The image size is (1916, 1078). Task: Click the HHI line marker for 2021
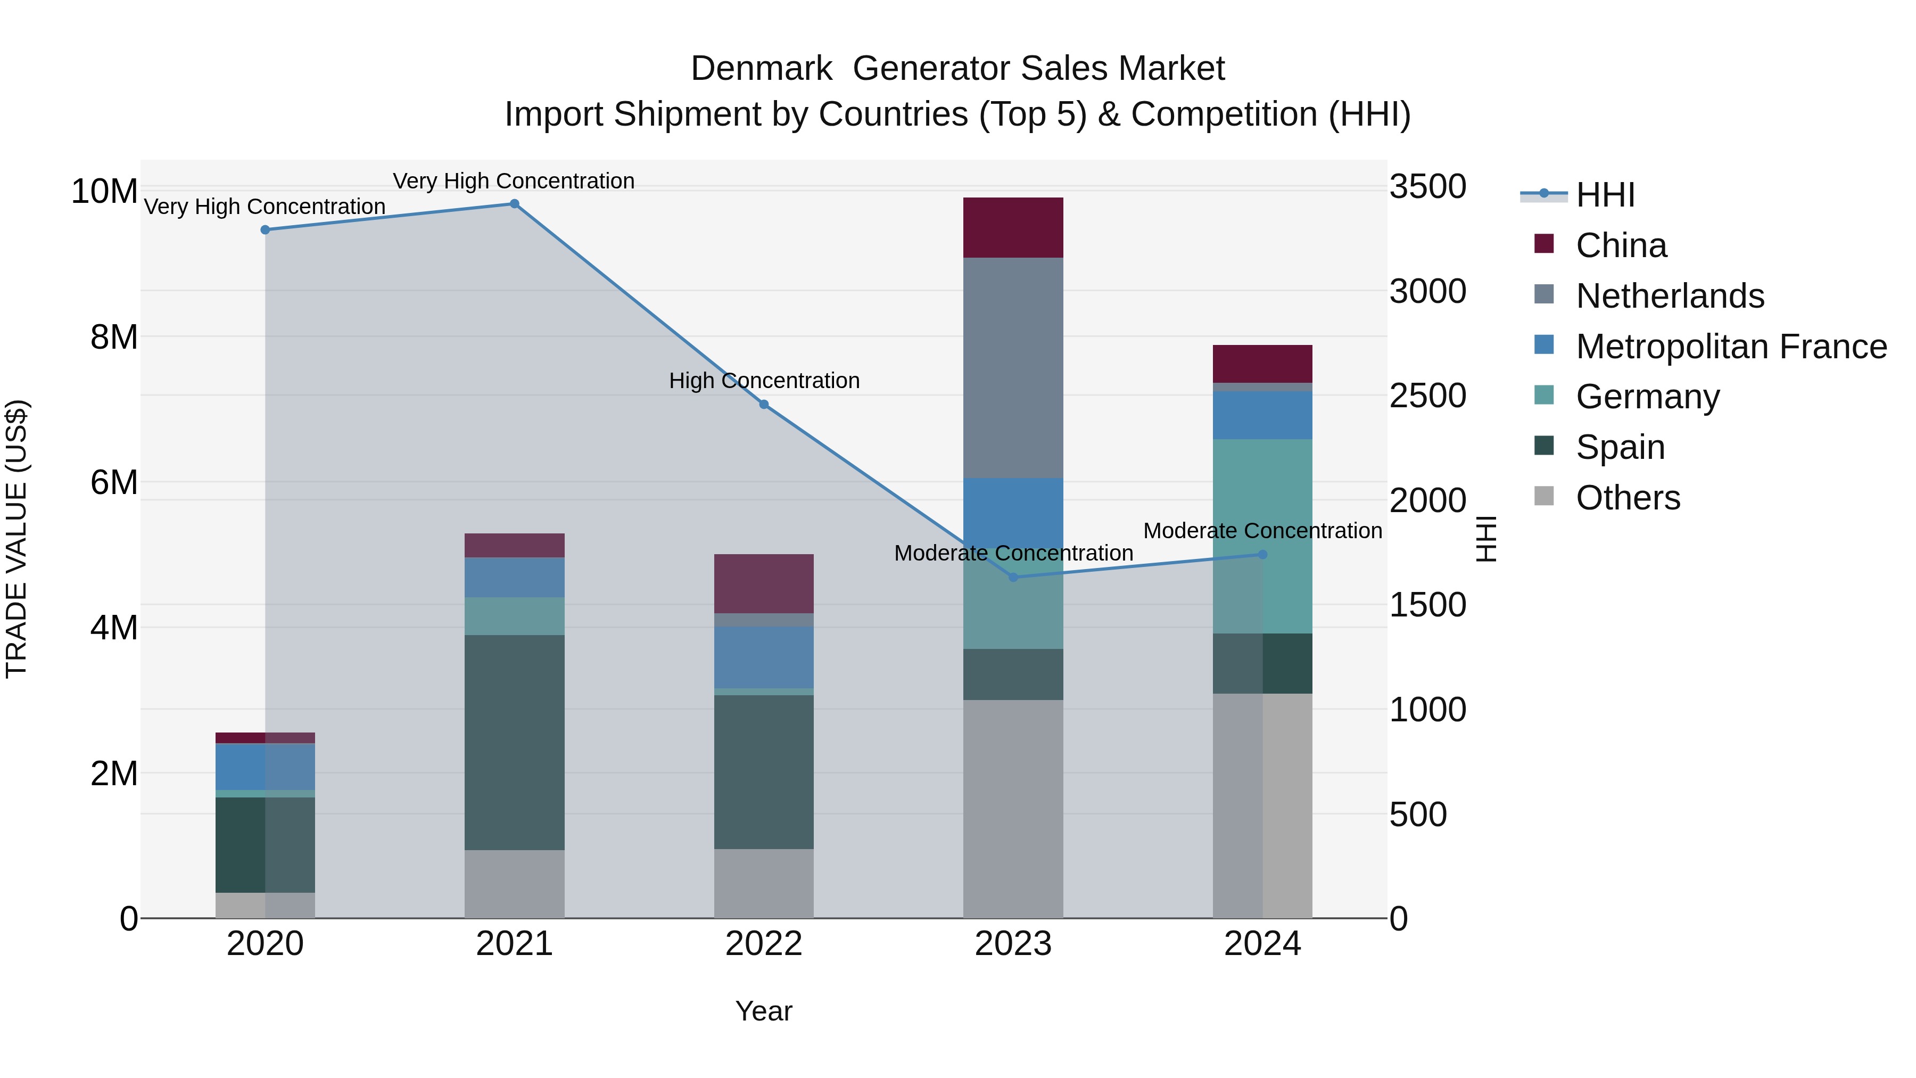[x=514, y=204]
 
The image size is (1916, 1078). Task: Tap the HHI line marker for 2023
[x=1012, y=577]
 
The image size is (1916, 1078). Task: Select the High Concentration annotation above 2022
[x=764, y=381]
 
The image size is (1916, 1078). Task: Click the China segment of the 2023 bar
[x=1012, y=228]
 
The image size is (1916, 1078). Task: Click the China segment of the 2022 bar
[x=763, y=583]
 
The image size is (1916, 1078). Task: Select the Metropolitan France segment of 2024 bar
[x=1262, y=415]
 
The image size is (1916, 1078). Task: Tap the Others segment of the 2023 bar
[x=1012, y=808]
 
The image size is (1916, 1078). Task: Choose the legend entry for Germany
[x=1647, y=397]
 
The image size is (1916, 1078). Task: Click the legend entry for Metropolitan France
[x=1731, y=347]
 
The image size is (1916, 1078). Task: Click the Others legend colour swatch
[x=1544, y=496]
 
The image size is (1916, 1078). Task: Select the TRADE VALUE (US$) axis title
[x=16, y=539]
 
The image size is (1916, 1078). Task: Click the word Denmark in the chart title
[x=761, y=69]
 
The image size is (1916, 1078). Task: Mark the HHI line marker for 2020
[x=265, y=230]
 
